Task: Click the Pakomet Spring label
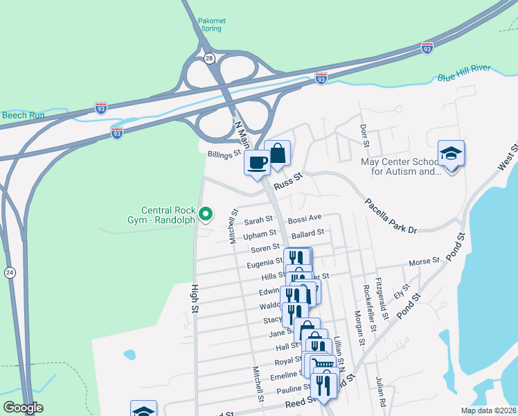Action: pyautogui.click(x=210, y=25)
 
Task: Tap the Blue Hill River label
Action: pyautogui.click(x=464, y=76)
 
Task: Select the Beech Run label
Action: pyautogui.click(x=22, y=114)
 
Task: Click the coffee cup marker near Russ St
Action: pyautogui.click(x=257, y=163)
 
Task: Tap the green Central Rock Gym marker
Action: pyautogui.click(x=206, y=214)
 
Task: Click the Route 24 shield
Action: pyautogui.click(x=9, y=270)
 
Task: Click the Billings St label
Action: pyautogui.click(x=224, y=154)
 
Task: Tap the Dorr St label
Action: pyautogui.click(x=364, y=132)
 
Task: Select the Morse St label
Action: pyautogui.click(x=425, y=261)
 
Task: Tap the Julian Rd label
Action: pyautogui.click(x=381, y=391)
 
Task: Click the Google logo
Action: pyautogui.click(x=23, y=408)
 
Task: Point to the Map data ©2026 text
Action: pyautogui.click(x=488, y=410)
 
